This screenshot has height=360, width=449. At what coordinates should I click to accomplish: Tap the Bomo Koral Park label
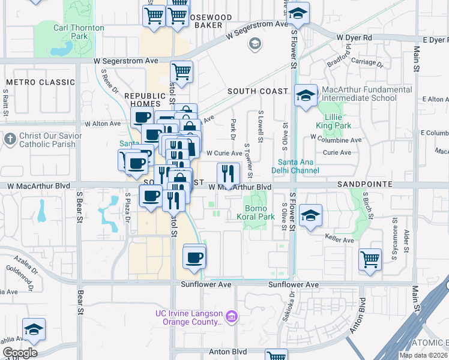tap(256, 212)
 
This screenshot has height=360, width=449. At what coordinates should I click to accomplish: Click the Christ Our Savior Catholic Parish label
tap(47, 140)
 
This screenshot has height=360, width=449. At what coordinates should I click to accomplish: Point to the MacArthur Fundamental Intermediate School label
tap(367, 94)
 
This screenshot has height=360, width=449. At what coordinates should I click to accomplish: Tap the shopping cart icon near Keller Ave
tap(370, 260)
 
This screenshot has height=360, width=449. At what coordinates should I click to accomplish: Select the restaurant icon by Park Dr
tap(228, 174)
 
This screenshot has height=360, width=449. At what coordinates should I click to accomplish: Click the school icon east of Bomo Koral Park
tap(310, 215)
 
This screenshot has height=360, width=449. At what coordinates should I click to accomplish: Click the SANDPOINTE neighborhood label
tap(364, 185)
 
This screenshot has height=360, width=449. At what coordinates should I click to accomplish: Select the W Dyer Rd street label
tap(354, 38)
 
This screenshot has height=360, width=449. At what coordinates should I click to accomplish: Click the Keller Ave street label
tap(339, 240)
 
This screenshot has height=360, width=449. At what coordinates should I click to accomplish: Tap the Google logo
tap(20, 353)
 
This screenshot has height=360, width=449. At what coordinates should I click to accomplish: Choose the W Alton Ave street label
tap(103, 124)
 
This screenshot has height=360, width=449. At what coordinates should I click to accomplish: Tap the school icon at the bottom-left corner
tap(34, 329)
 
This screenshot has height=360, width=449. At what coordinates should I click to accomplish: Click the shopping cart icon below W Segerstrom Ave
tap(181, 72)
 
